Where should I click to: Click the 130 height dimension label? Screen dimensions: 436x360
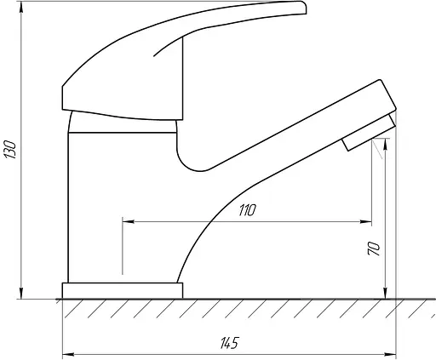pos(10,149)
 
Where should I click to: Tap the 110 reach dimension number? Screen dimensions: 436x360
pos(247,210)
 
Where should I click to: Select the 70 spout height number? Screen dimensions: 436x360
pos(374,249)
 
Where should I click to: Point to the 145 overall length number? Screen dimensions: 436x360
pos(229,343)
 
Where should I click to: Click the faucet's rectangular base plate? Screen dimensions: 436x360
pos(123,290)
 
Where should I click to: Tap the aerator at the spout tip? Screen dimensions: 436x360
pos(369,132)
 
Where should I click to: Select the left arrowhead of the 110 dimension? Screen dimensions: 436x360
pos(128,221)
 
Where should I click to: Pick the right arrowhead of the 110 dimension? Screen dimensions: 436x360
pos(366,221)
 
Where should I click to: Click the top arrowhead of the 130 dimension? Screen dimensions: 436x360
pos(21,7)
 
